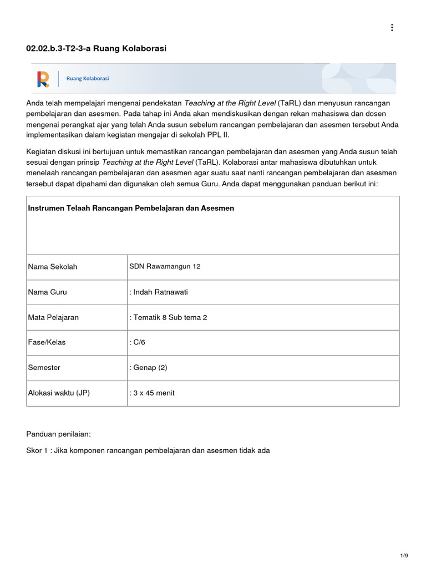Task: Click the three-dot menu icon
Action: click(392, 28)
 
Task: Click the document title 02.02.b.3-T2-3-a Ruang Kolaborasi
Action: click(97, 49)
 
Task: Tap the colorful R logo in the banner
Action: click(43, 79)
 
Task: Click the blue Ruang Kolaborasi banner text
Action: click(88, 79)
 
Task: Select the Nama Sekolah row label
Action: click(53, 267)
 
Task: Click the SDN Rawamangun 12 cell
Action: click(165, 266)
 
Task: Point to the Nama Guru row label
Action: click(48, 292)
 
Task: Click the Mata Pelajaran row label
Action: click(53, 317)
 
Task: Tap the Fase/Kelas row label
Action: click(47, 342)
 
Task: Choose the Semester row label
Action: click(44, 368)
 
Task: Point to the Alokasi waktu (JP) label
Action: click(59, 393)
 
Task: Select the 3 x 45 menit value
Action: click(152, 393)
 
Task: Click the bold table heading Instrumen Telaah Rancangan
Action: click(131, 208)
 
